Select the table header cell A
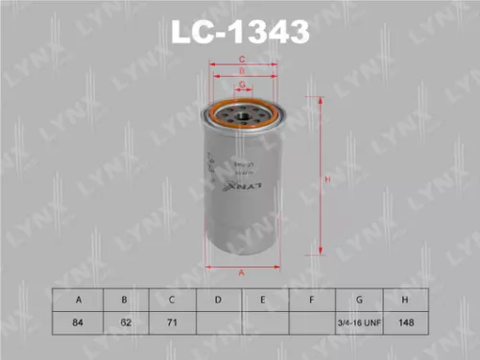[78, 300]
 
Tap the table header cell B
[125, 300]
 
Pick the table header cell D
[219, 300]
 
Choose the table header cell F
[312, 300]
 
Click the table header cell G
[359, 300]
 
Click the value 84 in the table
[78, 324]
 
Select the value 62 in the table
[125, 324]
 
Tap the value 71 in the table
[172, 324]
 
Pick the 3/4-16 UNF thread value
[359, 324]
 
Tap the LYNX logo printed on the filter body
[241, 188]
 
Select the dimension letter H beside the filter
[328, 180]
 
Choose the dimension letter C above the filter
[243, 60]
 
